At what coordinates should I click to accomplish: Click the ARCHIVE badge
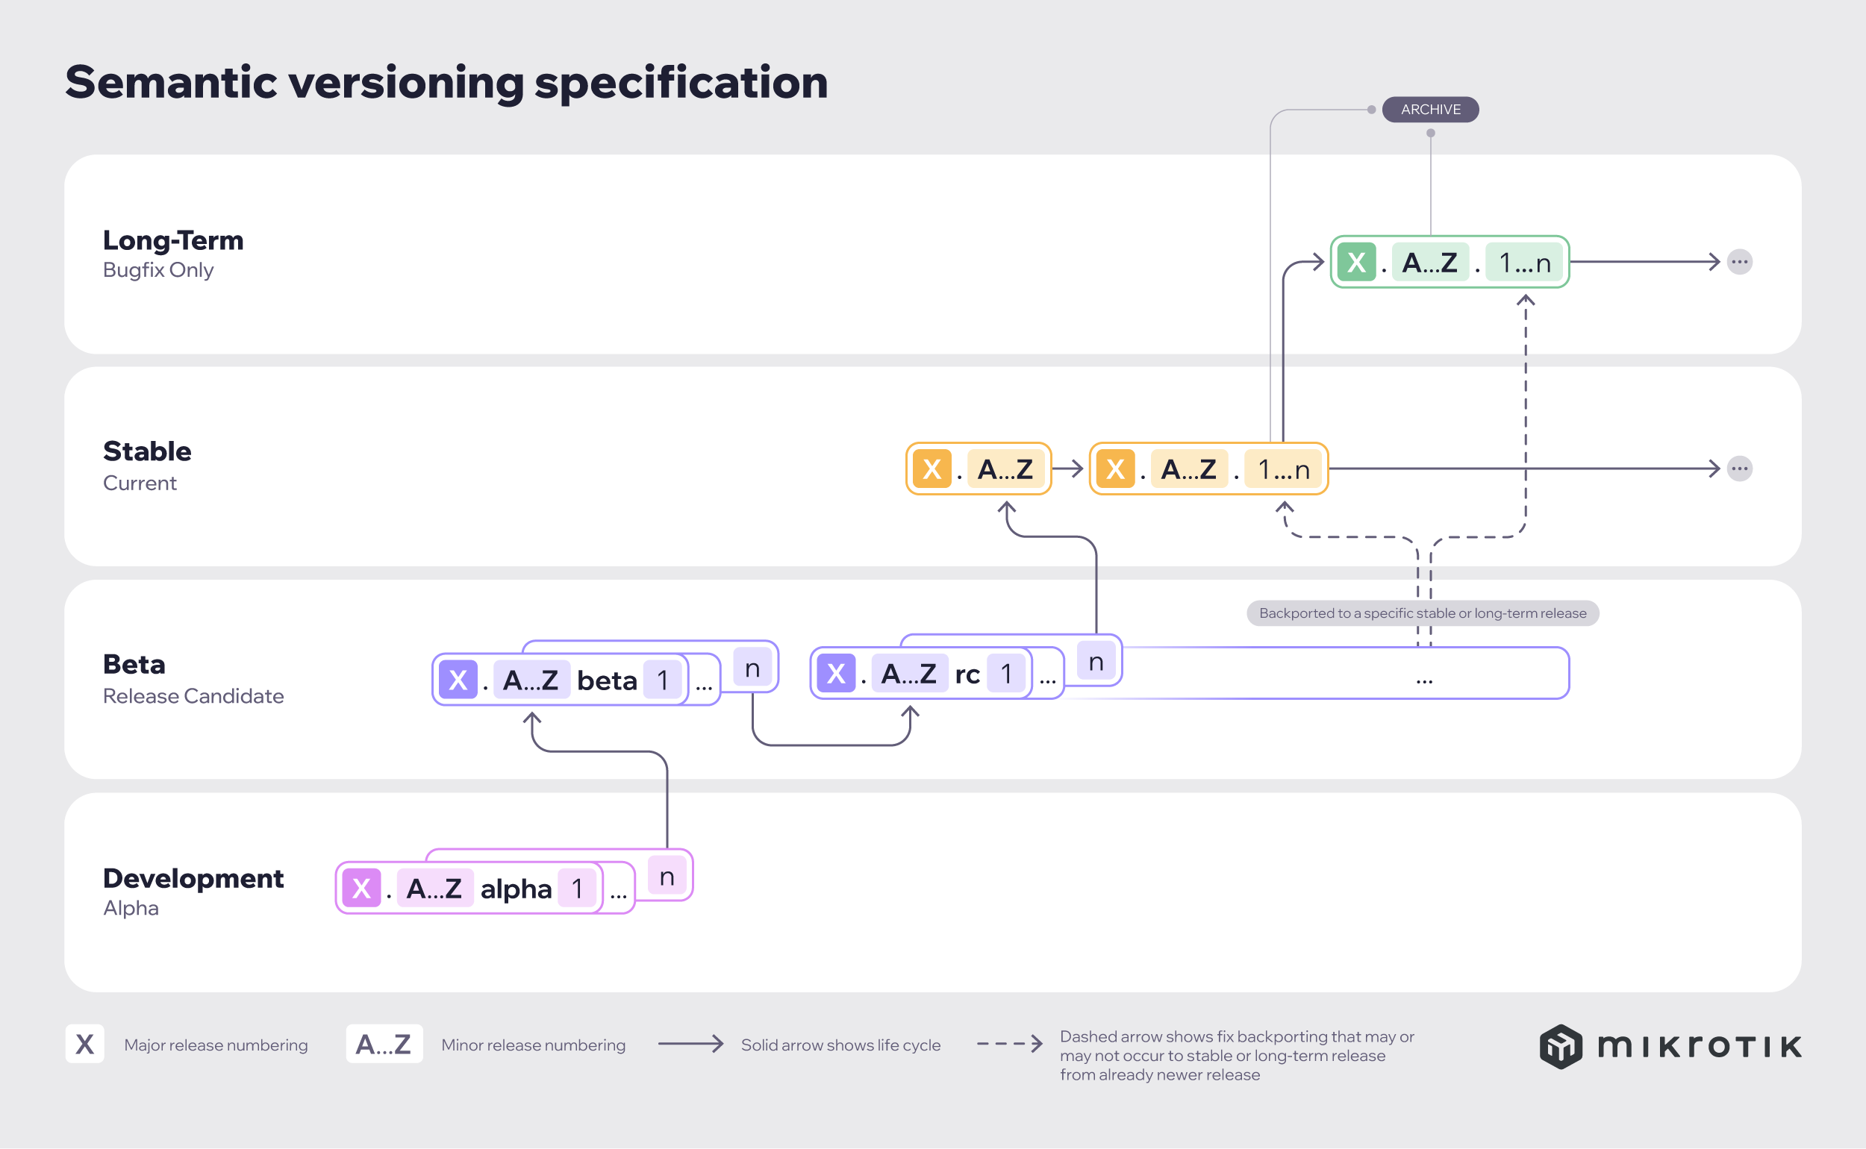coord(1429,110)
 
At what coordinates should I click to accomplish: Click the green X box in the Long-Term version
coord(1356,262)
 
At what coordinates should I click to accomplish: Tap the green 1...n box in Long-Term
coord(1524,262)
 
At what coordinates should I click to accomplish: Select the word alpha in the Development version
coord(515,888)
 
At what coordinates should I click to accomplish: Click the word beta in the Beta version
coord(607,680)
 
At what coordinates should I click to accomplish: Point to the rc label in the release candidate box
coord(967,673)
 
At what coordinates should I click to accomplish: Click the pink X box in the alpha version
coord(361,888)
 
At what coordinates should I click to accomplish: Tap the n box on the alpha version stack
coord(667,876)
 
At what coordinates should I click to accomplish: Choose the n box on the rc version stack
coord(1095,661)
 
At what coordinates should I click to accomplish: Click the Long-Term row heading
coord(173,240)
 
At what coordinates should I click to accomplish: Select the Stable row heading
coord(148,451)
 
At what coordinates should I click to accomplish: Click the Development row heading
coord(193,877)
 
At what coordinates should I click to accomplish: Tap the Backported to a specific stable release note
coord(1422,613)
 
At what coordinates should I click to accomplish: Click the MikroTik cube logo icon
coord(1561,1045)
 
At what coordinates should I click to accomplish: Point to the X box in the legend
coord(84,1044)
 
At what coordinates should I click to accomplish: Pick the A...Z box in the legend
coord(384,1044)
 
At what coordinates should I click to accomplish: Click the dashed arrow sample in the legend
coord(1008,1043)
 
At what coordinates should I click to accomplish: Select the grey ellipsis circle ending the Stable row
coord(1739,468)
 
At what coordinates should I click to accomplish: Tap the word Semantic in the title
coord(171,82)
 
